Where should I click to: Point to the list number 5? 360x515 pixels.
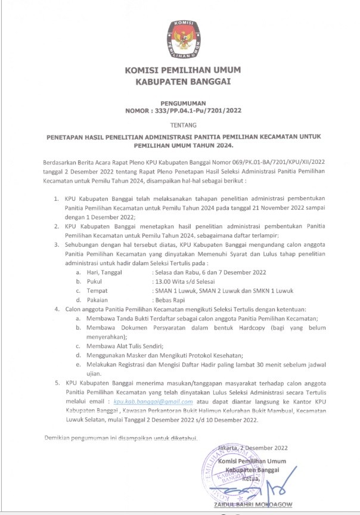[x=57, y=383]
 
